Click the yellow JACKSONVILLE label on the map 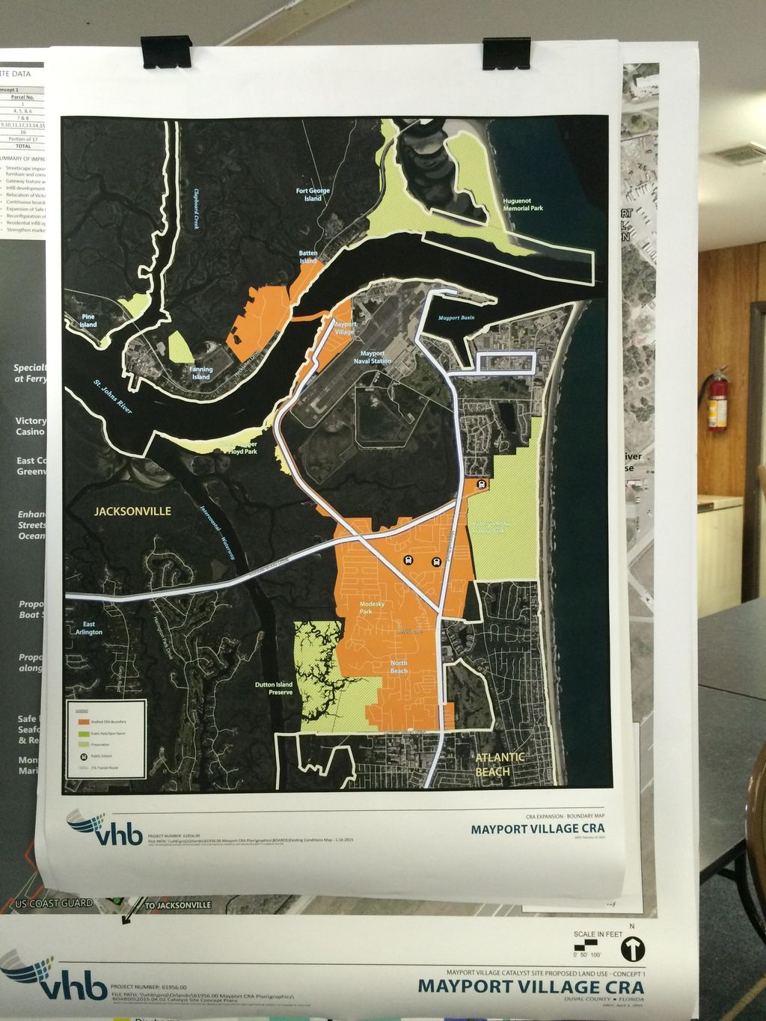coord(132,512)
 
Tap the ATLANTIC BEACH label coord(500,764)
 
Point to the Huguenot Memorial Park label coord(522,204)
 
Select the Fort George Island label coord(313,194)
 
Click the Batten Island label coord(308,257)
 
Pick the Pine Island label coord(88,321)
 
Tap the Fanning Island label coord(200,372)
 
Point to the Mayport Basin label coord(456,318)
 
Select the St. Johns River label coord(113,397)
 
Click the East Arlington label coord(89,628)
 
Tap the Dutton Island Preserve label coord(273,688)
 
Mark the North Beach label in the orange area coord(399,666)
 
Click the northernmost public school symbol coord(482,484)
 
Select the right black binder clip coord(506,53)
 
